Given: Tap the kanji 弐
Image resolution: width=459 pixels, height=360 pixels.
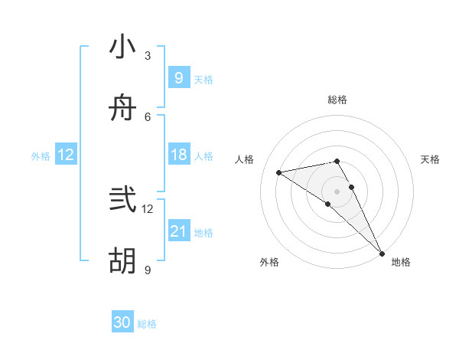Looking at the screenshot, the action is pos(123,200).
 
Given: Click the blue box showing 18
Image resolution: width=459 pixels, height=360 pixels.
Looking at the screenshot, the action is pos(178,155).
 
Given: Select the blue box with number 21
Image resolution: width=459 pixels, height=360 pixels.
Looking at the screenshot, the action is pos(178,231).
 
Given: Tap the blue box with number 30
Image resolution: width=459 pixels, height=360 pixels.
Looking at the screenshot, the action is pos(122,323).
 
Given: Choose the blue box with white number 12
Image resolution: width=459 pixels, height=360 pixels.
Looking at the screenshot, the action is pos(66,155).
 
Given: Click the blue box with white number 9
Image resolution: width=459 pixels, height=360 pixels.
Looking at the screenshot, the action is pos(178,77).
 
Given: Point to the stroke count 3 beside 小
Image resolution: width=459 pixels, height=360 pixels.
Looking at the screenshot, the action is pos(148,56).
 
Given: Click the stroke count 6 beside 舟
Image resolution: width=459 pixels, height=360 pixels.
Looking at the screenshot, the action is pos(148,117).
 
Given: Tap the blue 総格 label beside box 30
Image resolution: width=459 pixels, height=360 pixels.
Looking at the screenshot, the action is pos(147,325).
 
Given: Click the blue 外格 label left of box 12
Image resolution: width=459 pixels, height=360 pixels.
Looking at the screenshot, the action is pos(41,156).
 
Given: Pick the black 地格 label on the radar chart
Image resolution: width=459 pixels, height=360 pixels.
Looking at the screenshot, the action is pos(401,262).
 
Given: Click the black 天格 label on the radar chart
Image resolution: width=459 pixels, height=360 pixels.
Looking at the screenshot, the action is pos(430,159).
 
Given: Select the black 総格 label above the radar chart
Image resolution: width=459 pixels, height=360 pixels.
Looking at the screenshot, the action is pos(337,100).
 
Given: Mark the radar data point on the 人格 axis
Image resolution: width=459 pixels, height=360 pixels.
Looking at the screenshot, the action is pos(279,172).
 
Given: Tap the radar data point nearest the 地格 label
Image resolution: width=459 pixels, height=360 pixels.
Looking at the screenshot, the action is pos(382,254).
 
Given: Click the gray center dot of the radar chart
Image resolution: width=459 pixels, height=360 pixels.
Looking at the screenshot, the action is pos(337,191).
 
